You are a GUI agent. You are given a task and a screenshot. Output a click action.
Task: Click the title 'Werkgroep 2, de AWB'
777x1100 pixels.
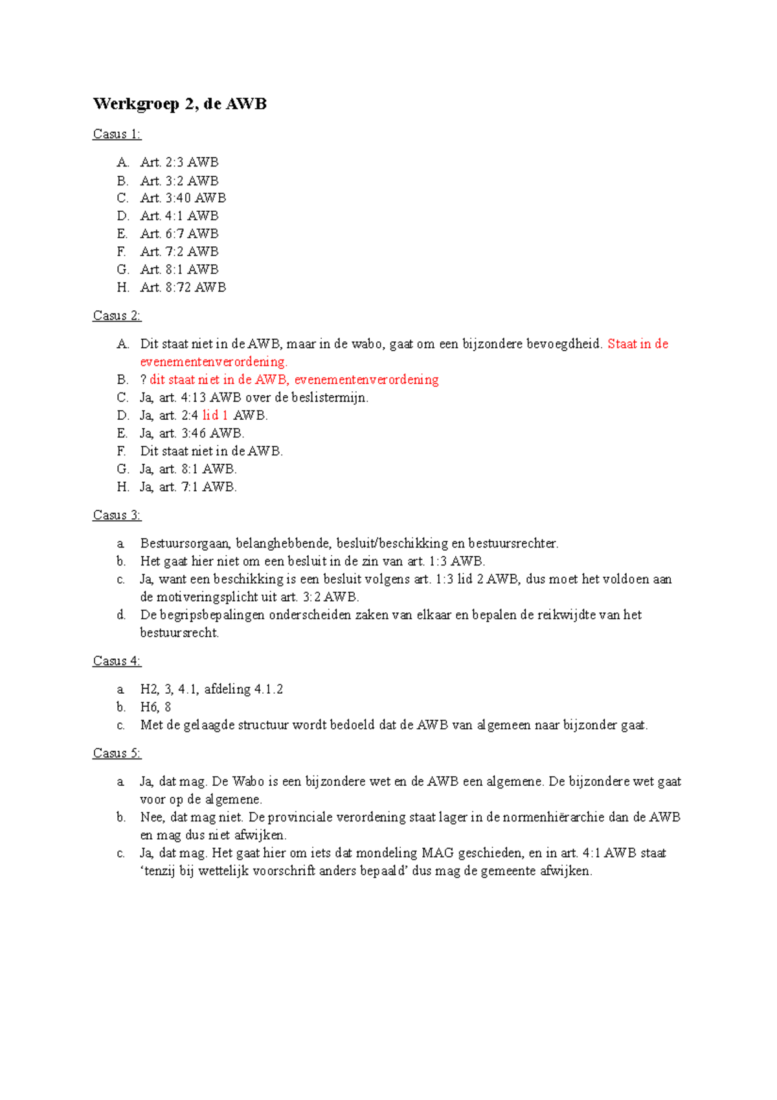(x=179, y=104)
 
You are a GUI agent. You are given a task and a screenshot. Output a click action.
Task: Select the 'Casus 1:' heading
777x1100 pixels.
(x=117, y=134)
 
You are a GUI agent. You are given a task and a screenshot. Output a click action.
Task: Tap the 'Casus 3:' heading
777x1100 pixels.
(x=117, y=515)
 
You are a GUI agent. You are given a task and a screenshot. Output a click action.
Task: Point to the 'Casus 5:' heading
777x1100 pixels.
(x=117, y=753)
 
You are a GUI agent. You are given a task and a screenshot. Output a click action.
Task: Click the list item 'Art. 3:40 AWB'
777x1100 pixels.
(x=183, y=198)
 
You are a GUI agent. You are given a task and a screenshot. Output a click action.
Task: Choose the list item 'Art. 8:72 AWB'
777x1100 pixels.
(x=183, y=287)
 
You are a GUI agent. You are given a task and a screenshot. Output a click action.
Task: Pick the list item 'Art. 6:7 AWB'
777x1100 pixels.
(x=179, y=234)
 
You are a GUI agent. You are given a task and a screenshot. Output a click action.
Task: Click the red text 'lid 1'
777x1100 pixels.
(x=215, y=415)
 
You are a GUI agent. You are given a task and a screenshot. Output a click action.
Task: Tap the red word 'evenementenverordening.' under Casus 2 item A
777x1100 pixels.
(x=214, y=361)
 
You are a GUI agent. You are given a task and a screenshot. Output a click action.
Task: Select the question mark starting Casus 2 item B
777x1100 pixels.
(x=143, y=380)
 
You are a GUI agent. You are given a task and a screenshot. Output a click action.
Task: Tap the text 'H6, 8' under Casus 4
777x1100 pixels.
(x=155, y=707)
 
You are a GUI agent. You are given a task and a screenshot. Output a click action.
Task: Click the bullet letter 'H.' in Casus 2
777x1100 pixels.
(x=123, y=487)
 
